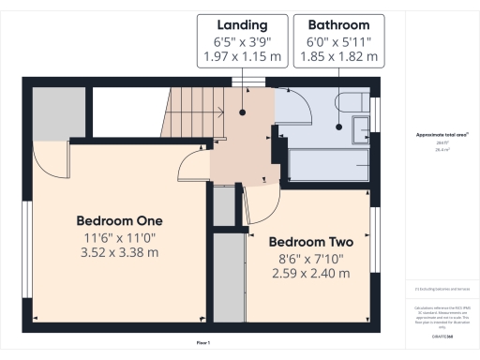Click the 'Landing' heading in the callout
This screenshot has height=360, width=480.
click(242, 24)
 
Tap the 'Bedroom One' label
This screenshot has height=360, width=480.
click(119, 220)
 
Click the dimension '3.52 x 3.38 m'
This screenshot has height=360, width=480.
click(119, 252)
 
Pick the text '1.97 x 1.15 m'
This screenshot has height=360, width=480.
click(242, 57)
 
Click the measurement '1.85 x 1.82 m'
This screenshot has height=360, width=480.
click(337, 57)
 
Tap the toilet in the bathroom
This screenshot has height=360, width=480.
click(359, 128)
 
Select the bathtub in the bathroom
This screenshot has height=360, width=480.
click(328, 164)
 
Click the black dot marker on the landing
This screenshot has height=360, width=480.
click(243, 112)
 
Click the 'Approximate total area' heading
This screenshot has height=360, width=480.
click(437, 135)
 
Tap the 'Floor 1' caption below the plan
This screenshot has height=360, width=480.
click(203, 344)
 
